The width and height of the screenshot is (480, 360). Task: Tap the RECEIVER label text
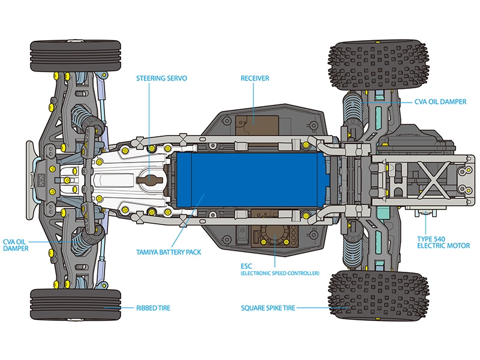point(254,78)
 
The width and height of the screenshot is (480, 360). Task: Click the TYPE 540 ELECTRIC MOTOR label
point(443,242)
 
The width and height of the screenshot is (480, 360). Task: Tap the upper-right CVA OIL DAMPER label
point(440,102)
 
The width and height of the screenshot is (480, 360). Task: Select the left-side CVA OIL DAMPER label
point(16,244)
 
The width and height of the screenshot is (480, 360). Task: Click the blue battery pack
point(252,179)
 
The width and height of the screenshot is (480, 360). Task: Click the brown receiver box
point(252,116)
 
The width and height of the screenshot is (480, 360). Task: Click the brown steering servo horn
point(150,179)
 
